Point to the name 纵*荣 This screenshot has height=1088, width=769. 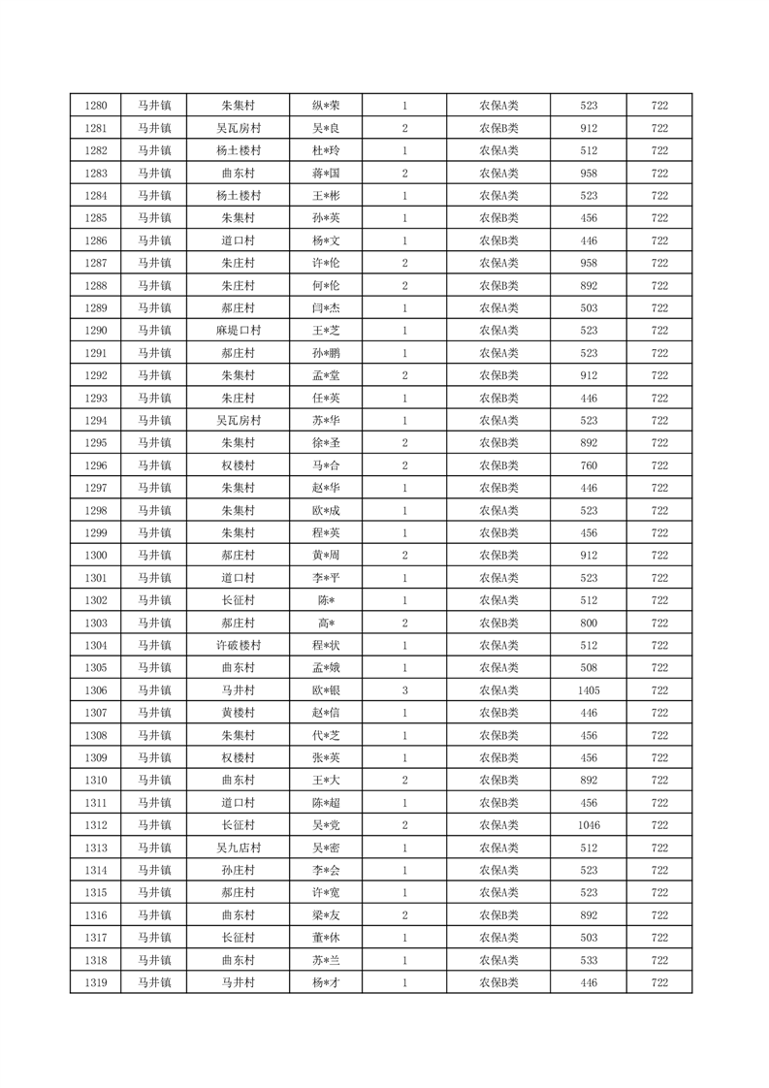[x=325, y=106]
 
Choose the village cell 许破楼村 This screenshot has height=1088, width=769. [x=238, y=646]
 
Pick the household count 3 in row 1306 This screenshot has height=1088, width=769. [x=404, y=690]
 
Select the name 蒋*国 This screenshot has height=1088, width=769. [x=325, y=174]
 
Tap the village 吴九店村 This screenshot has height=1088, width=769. [x=238, y=848]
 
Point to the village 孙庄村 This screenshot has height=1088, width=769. [x=238, y=870]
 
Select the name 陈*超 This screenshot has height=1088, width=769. [x=325, y=803]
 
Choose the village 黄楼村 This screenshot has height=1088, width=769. [x=238, y=713]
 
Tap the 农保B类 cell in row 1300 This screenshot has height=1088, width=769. [x=498, y=556]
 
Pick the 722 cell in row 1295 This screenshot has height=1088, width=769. [x=659, y=443]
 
